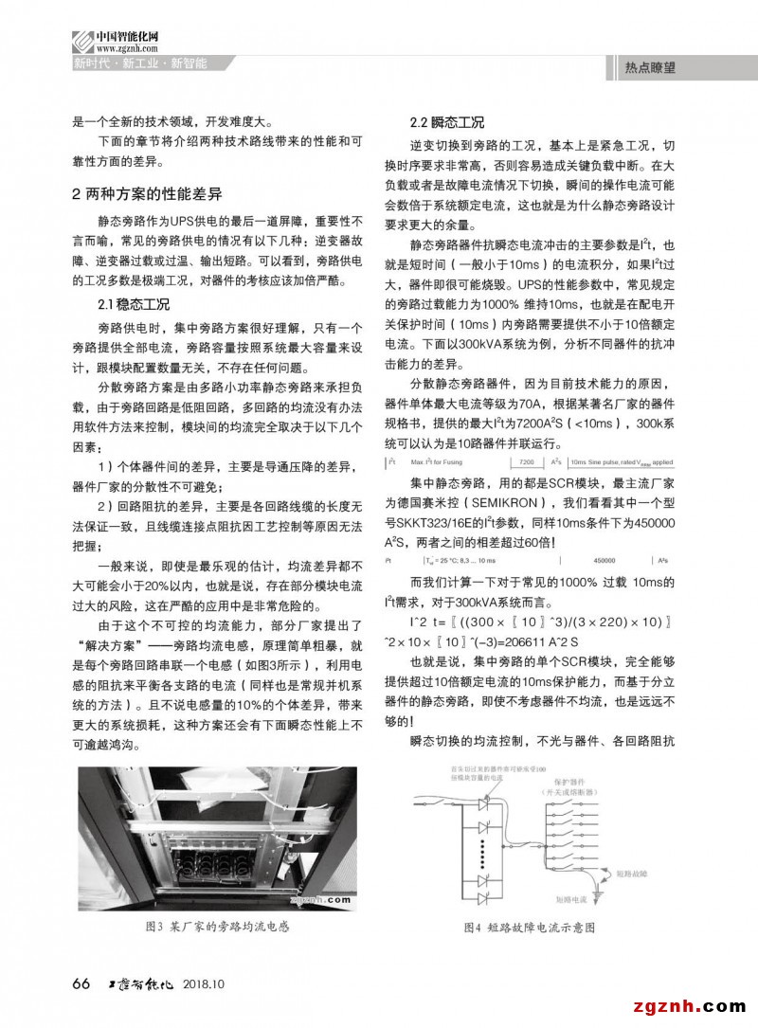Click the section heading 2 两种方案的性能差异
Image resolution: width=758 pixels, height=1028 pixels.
pos(147,194)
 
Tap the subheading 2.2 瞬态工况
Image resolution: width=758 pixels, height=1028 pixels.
pos(446,123)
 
